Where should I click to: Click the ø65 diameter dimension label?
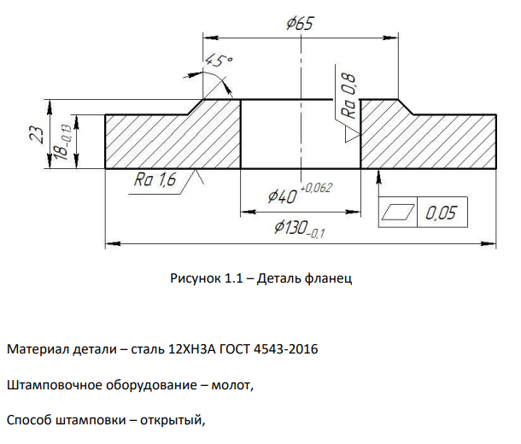(x=300, y=24)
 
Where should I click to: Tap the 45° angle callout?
(x=218, y=61)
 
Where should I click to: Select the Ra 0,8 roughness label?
(x=348, y=96)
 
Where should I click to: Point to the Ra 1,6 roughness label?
(x=155, y=179)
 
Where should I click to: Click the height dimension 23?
(x=37, y=135)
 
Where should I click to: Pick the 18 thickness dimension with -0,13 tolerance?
(x=63, y=142)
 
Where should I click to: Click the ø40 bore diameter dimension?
(x=282, y=196)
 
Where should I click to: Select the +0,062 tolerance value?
(x=316, y=188)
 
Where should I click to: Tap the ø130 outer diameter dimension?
(x=300, y=229)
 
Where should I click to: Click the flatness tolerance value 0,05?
(x=441, y=213)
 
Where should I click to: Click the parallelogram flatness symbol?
(x=398, y=212)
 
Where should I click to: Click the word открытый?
(x=173, y=420)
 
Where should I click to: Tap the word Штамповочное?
(x=54, y=385)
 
